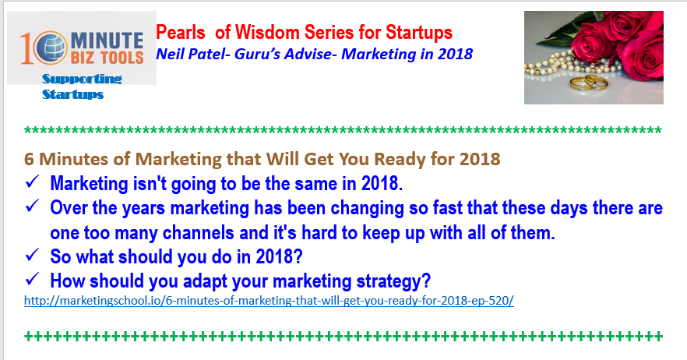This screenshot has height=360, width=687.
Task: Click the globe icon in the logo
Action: coord(51,48)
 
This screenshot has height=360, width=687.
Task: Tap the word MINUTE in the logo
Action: coord(107,41)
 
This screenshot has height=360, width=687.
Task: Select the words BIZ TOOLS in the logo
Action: coord(107,58)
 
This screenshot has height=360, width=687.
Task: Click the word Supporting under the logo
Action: coord(82,79)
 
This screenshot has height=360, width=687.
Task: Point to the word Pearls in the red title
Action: coord(181,33)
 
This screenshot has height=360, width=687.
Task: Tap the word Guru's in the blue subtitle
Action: coord(258,54)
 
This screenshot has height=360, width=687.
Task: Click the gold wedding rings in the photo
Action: coord(589,83)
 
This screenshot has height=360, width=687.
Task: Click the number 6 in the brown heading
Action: coord(29,159)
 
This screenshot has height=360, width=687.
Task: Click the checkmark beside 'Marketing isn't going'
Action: coord(33,182)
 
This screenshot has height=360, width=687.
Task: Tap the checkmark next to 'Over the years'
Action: coord(33,206)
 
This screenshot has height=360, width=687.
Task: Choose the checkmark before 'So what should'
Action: coord(33,255)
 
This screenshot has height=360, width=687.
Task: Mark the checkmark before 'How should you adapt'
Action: coord(33,279)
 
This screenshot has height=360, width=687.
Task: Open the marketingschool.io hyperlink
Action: coord(269,301)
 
